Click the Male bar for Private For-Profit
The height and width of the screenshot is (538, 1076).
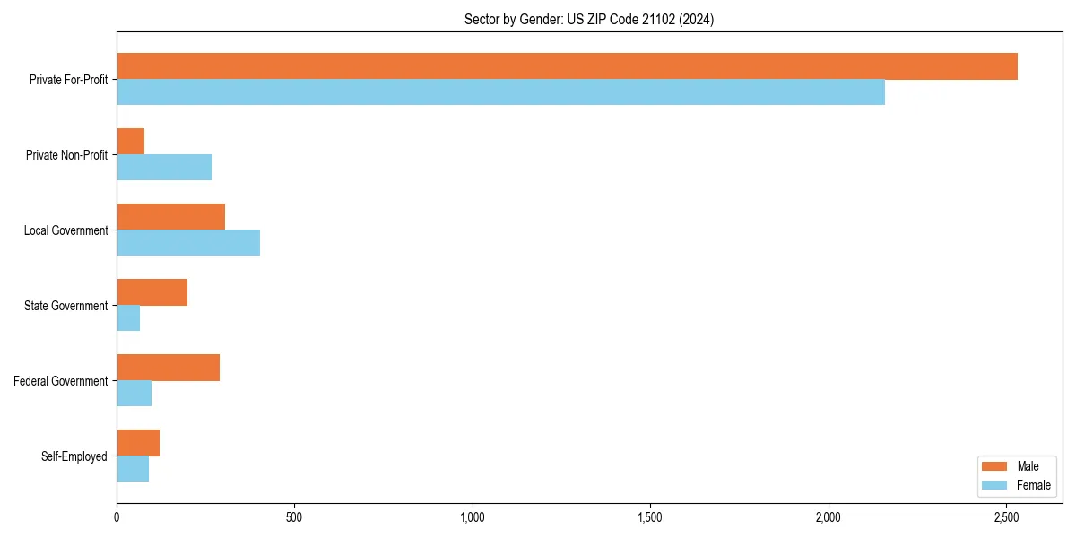coord(567,66)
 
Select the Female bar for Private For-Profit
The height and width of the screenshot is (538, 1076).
coord(500,92)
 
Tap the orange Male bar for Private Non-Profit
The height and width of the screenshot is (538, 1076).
coord(131,142)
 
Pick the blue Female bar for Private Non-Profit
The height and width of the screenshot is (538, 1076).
coord(164,168)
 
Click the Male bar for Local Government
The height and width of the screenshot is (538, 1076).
coord(170,217)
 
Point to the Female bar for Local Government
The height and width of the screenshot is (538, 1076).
coord(188,243)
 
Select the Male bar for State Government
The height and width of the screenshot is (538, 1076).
coord(152,292)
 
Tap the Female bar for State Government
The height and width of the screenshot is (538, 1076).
coord(128,318)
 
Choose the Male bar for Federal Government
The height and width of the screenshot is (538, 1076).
coord(168,368)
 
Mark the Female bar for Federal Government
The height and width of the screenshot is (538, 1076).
coord(134,394)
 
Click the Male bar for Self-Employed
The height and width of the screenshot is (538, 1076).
coord(138,443)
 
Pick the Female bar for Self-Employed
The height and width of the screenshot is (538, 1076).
coord(133,469)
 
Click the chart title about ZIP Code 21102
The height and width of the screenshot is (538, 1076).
coord(589,19)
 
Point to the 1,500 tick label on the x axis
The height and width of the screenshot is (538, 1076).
coord(650,517)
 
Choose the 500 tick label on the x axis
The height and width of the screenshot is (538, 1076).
coord(294,517)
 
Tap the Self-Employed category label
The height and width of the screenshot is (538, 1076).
coord(74,456)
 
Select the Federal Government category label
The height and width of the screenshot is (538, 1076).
coord(61,381)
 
